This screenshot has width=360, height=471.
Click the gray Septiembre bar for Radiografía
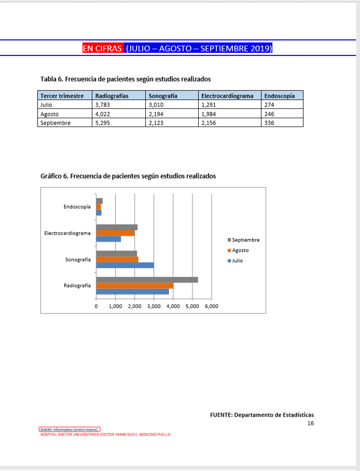pos(147,280)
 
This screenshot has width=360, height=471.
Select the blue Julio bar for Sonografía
pos(125,265)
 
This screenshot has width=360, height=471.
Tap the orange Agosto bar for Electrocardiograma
pos(115,233)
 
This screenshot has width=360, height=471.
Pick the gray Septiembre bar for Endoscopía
pos(99,201)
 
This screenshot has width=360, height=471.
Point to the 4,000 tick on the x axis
pos(173,307)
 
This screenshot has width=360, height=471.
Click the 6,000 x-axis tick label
pos(211,307)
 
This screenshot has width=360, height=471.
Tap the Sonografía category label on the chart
pos(78,259)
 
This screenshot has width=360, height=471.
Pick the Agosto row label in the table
pos(49,114)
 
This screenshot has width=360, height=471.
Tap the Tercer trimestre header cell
pos(62,96)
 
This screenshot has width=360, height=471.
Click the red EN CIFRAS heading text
pos(103,48)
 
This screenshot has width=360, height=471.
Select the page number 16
pos(310,423)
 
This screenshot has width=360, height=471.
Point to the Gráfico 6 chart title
pos(128,176)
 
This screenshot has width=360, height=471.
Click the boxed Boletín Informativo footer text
pos(70,430)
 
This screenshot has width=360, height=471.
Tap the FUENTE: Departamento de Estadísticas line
pos(262,414)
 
